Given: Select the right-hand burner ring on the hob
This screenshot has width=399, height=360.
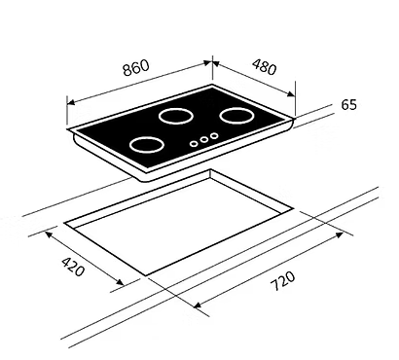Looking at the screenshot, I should click(236, 117).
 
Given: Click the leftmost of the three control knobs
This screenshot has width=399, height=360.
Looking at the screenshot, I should click(195, 143).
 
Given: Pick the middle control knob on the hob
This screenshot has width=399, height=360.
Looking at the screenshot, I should click(204, 139).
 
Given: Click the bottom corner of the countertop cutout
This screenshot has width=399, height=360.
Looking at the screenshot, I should click(146, 274).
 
